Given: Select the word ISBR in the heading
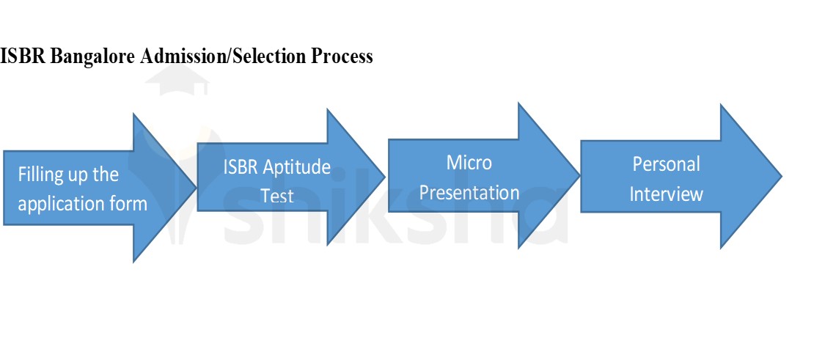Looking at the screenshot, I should (23, 56).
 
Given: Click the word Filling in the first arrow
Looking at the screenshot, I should (40, 175).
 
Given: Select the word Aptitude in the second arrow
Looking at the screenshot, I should (298, 167).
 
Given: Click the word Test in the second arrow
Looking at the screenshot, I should (277, 196).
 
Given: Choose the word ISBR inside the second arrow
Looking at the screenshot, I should (241, 167).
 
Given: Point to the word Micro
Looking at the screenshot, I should (469, 162).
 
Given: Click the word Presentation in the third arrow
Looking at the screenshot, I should (469, 193).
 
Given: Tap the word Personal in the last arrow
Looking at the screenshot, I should (666, 164).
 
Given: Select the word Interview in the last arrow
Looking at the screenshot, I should (666, 194).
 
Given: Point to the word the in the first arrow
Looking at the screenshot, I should (106, 175).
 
